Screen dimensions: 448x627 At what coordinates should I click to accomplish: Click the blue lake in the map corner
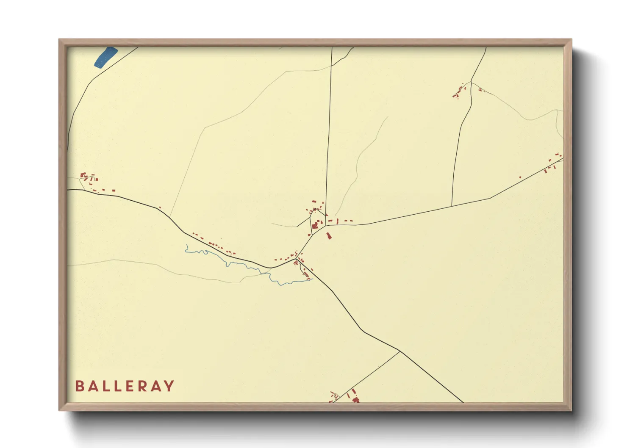tap(105, 57)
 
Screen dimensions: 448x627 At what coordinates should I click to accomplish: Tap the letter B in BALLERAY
tap(79, 386)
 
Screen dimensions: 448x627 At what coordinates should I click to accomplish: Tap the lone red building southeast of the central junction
tap(328, 235)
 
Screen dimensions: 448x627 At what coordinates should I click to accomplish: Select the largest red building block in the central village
tap(315, 226)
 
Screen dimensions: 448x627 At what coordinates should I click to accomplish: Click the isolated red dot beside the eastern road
tap(520, 177)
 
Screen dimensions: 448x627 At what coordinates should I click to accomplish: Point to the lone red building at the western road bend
tap(160, 207)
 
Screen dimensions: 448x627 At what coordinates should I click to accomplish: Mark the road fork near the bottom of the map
tap(400, 351)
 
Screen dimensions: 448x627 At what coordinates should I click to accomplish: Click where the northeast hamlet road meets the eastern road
tap(452, 206)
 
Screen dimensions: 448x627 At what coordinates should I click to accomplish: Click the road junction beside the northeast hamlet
tap(471, 82)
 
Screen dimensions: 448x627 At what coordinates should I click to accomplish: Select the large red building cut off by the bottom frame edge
tap(356, 399)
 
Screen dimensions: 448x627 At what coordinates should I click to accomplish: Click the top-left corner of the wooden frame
tap(59, 39)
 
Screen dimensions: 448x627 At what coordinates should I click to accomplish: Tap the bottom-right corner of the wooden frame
tap(571, 410)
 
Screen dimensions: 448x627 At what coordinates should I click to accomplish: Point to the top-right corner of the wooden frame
tap(571, 39)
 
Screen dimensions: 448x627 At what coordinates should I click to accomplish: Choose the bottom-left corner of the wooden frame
tap(59, 410)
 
